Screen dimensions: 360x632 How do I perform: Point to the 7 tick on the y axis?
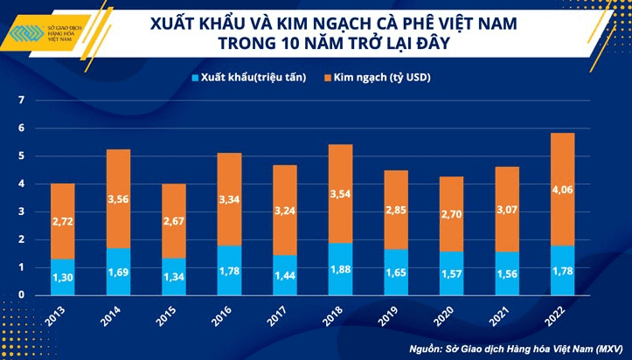20,100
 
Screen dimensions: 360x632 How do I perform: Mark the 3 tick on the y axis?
20,211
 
